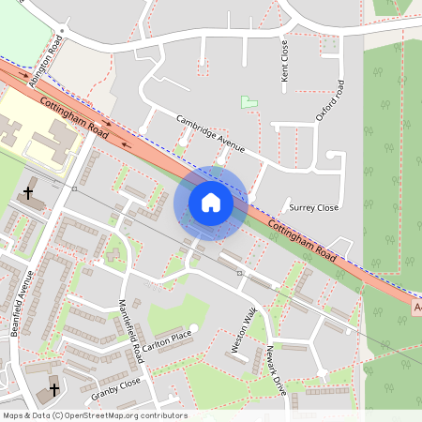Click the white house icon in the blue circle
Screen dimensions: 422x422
coord(210,203)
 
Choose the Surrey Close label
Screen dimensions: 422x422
coord(313,207)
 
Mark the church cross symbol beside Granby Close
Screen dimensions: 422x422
coord(53,388)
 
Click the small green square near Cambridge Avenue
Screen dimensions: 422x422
coord(248,101)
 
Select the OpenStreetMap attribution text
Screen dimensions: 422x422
coord(95,415)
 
